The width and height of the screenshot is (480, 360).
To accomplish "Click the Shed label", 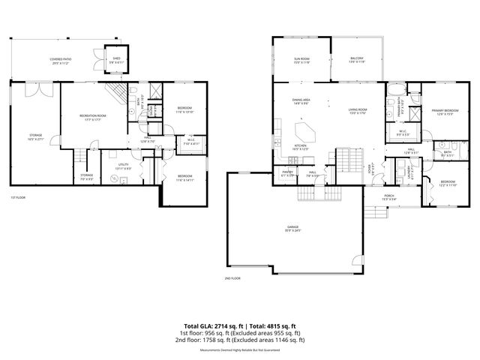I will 116,58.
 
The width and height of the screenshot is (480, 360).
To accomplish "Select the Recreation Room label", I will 93,117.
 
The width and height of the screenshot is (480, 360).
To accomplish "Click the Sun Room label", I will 301,60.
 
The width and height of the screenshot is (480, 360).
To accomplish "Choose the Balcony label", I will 356,60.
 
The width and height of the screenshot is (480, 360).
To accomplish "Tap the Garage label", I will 292,228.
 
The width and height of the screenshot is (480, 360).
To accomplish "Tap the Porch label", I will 389,197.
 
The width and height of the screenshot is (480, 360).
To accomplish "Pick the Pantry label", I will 287,173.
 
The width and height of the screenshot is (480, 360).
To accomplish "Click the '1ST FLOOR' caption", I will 19,198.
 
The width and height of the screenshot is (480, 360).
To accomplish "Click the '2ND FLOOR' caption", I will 232,278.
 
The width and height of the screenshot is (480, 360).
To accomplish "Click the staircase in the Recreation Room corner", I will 115,94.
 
